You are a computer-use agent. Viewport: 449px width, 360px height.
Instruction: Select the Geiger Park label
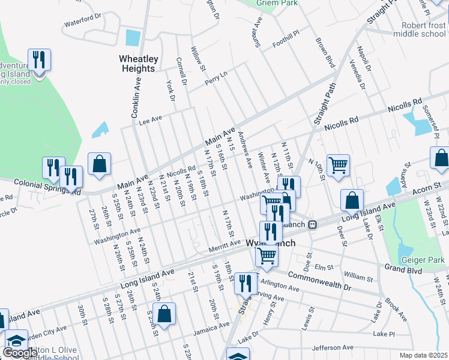(x=424, y=260)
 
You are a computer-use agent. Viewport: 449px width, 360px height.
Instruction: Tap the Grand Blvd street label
(x=404, y=268)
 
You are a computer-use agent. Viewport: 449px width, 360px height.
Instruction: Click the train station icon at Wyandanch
(x=312, y=224)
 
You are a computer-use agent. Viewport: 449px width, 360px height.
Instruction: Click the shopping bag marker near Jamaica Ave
(x=164, y=313)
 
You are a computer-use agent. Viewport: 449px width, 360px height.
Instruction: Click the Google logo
(x=20, y=353)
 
